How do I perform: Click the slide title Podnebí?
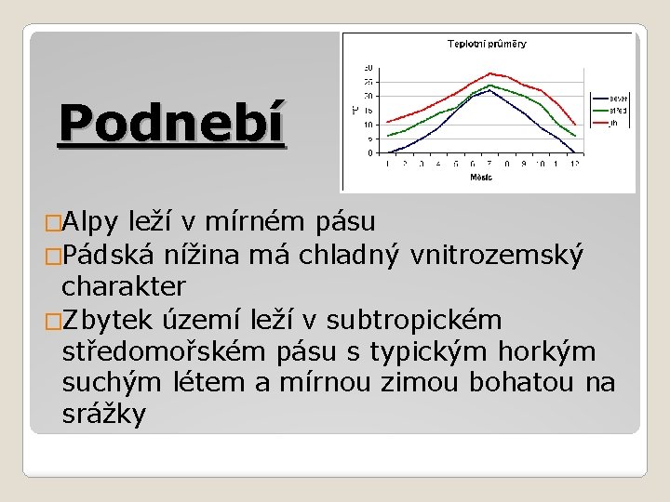(171, 124)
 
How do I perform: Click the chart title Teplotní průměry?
(487, 44)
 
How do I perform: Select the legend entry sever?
(619, 97)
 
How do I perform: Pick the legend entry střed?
(619, 110)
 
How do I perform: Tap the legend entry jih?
(614, 123)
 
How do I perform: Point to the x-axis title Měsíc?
(481, 176)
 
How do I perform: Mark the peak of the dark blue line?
(489, 90)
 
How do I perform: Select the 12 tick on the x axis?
(574, 164)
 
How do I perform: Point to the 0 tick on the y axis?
(368, 152)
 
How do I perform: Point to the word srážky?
(104, 415)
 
